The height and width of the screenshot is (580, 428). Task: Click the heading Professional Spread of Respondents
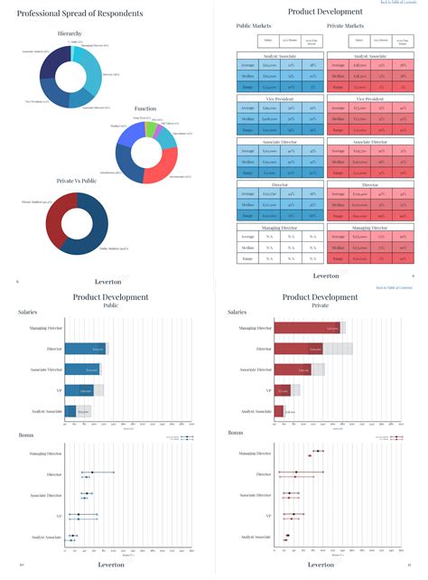click(x=71, y=14)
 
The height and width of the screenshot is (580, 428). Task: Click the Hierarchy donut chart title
click(x=70, y=33)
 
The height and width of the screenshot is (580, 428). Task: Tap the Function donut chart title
click(x=145, y=108)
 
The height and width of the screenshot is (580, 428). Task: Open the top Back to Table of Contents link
click(x=397, y=4)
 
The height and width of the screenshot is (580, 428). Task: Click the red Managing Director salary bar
click(x=307, y=327)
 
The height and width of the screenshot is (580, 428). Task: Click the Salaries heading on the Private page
click(x=238, y=312)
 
